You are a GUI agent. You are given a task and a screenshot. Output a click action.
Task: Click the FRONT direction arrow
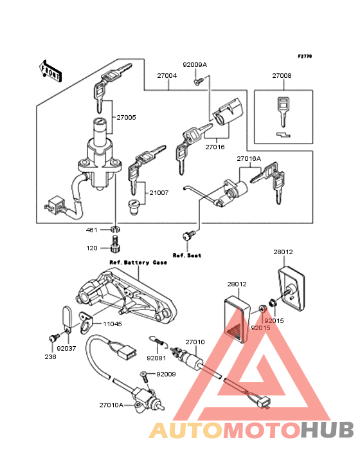[x=50, y=71]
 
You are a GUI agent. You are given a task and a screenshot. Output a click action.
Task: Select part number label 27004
[x=166, y=76]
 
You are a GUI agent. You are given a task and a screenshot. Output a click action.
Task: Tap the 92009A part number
[x=195, y=65]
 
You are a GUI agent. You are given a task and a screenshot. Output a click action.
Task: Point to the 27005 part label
[x=126, y=118]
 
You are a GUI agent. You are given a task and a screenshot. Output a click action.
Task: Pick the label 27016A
[x=249, y=158]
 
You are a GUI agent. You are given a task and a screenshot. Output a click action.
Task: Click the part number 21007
[x=159, y=192]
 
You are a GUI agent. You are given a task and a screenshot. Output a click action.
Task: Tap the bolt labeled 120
[x=115, y=245]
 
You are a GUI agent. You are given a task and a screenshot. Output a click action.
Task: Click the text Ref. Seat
[x=187, y=255]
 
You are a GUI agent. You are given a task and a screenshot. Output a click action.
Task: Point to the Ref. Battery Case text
[x=138, y=263]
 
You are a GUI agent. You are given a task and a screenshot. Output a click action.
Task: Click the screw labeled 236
[x=53, y=338]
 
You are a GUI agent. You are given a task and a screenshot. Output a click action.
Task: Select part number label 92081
[x=156, y=358]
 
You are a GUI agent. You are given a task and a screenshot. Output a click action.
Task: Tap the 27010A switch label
[x=111, y=405]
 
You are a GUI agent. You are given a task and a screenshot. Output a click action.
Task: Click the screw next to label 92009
[x=145, y=376]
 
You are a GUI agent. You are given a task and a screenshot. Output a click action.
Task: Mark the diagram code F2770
[x=305, y=56]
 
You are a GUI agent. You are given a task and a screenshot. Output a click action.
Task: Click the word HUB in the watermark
[x=328, y=430]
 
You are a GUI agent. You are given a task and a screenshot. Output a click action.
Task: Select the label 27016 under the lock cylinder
[x=215, y=147]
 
